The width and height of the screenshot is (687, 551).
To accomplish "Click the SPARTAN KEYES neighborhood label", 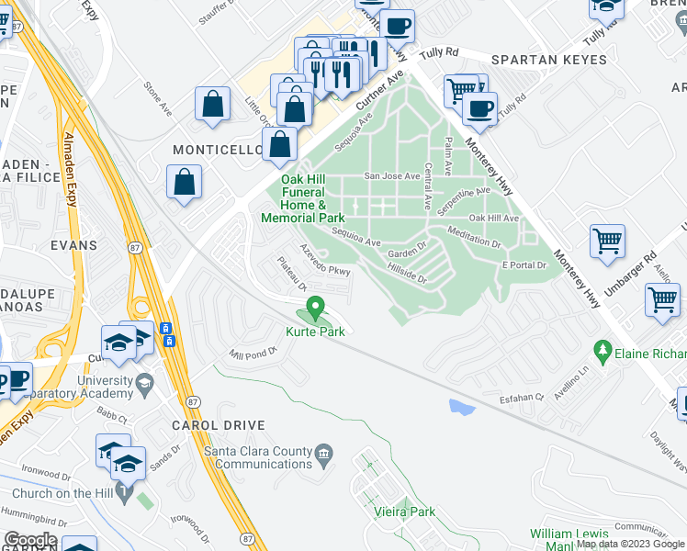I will click(548, 60).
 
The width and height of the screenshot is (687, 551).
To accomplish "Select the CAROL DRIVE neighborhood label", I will click(218, 425).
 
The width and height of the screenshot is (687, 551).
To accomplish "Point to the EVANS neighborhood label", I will click(73, 245).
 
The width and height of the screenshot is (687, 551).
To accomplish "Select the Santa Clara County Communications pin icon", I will click(323, 454).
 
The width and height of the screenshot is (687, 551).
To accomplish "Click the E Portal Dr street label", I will click(524, 264).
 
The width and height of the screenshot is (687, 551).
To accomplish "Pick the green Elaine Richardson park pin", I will click(603, 350).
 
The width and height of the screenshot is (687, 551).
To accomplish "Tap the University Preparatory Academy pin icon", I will click(144, 381).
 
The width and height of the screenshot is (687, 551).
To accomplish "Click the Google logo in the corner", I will click(30, 540).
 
